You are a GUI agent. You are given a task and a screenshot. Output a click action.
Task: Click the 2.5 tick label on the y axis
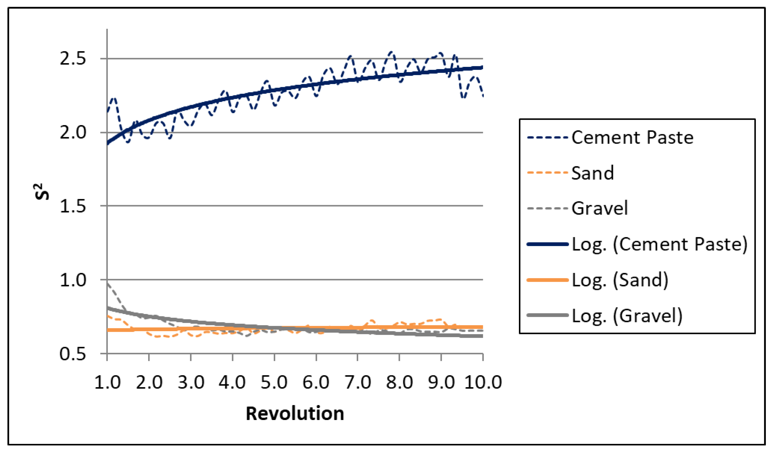click(73, 58)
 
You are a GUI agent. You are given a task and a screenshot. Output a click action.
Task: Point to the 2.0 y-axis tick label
click(73, 133)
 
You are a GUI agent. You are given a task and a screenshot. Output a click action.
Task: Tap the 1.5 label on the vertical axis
click(73, 206)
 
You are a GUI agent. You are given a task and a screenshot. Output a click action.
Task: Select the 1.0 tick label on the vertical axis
click(73, 280)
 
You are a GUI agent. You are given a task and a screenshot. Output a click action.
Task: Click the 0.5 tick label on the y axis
click(73, 354)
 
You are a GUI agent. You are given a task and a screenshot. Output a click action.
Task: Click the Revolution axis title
click(295, 413)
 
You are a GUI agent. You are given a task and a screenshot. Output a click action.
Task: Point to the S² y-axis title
click(42, 191)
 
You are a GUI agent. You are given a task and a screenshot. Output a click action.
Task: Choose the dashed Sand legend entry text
click(593, 173)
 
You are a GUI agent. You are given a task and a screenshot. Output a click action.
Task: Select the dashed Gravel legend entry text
click(600, 208)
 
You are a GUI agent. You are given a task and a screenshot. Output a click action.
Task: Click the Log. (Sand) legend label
click(620, 280)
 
